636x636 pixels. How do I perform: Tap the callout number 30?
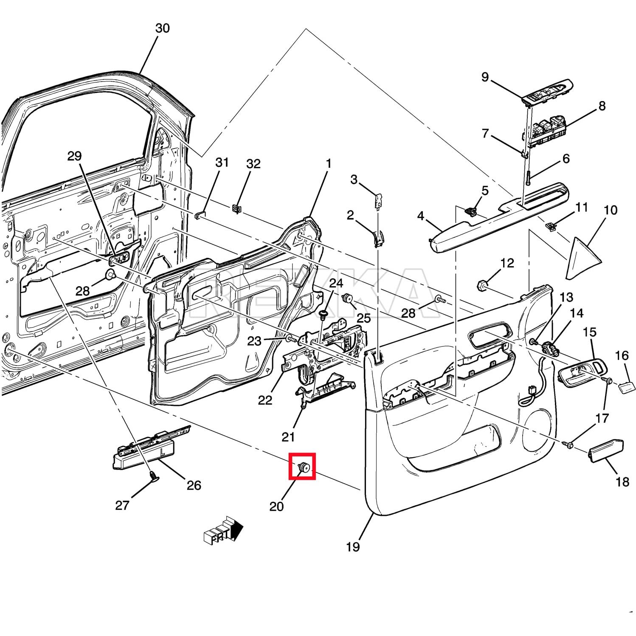click(162, 28)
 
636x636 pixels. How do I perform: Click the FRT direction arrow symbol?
click(223, 530)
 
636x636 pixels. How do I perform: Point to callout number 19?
click(353, 546)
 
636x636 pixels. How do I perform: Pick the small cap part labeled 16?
click(627, 387)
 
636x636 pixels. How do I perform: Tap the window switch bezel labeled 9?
click(548, 91)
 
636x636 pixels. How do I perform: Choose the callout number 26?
click(194, 485)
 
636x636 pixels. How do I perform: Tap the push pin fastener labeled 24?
click(324, 314)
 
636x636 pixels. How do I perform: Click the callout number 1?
click(328, 164)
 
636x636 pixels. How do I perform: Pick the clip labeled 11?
click(550, 227)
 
